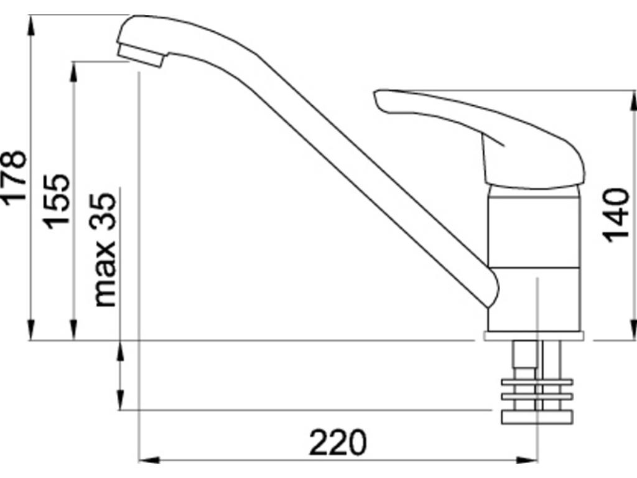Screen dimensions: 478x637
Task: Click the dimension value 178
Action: point(14,176)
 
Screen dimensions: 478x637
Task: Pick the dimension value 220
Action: point(338,443)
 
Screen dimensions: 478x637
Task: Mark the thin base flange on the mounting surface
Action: point(534,336)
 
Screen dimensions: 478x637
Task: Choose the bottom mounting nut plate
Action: point(536,416)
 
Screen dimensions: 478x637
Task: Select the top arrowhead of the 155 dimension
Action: point(74,69)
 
